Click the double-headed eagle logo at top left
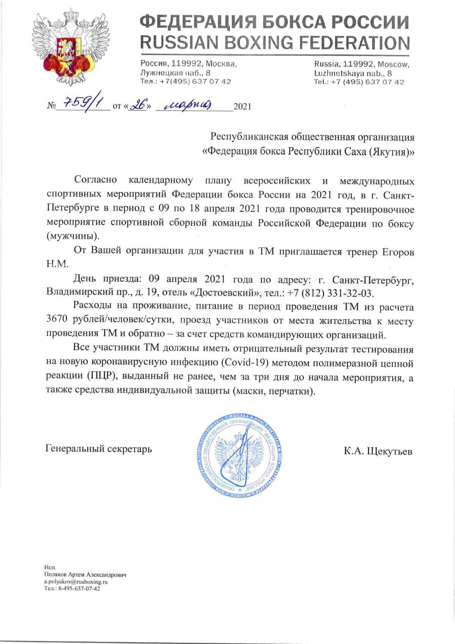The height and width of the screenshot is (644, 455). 68,47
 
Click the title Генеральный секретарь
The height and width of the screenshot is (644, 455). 99,449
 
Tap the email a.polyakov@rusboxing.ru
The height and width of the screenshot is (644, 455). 76,581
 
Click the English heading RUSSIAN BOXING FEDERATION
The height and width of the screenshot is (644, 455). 275,43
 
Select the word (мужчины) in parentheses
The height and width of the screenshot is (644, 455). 72,236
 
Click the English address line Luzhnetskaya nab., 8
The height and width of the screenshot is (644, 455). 353,73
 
